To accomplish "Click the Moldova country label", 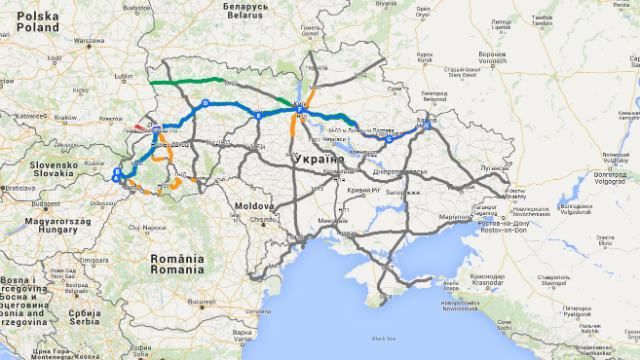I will coord(255,205).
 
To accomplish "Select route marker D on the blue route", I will coord(206,104).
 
